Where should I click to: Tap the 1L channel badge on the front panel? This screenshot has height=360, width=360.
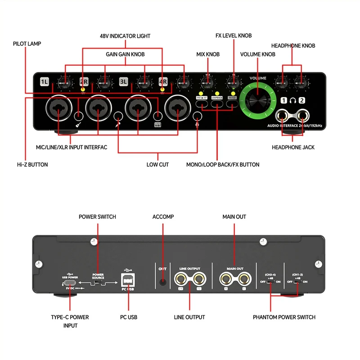pyautogui.click(x=44, y=82)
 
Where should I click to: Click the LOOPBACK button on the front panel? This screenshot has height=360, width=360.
pyautogui.click(x=217, y=104)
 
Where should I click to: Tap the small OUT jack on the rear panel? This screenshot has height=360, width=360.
pyautogui.click(x=162, y=282)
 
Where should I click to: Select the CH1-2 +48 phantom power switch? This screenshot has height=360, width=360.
pyautogui.click(x=297, y=282)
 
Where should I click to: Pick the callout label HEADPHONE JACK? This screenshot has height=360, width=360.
pyautogui.click(x=293, y=147)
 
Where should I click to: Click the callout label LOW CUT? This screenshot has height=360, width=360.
pyautogui.click(x=157, y=165)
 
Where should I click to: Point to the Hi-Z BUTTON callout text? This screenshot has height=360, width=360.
pyautogui.click(x=32, y=165)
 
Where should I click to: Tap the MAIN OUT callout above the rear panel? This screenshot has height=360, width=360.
pyautogui.click(x=234, y=216)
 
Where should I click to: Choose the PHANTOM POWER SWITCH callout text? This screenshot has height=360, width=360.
pyautogui.click(x=284, y=317)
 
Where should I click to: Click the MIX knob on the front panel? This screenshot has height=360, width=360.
pyautogui.click(x=207, y=82)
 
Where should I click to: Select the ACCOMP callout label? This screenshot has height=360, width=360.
pyautogui.click(x=162, y=216)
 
